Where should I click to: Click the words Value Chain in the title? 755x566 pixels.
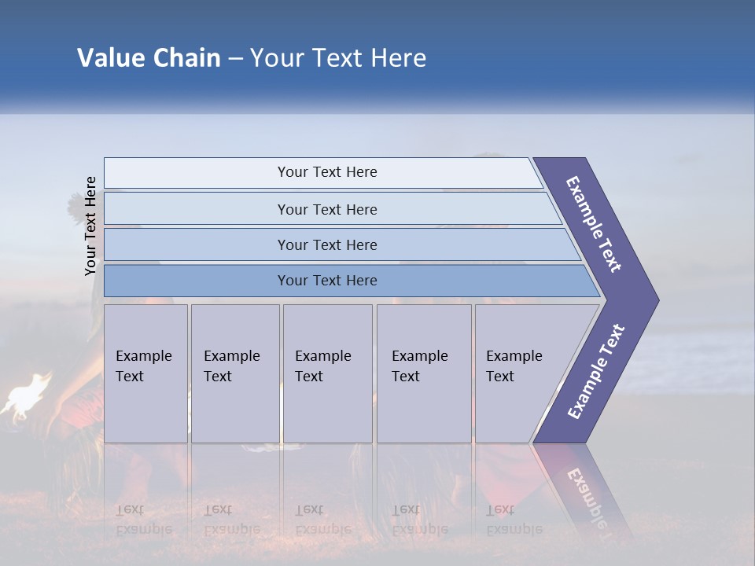(x=149, y=58)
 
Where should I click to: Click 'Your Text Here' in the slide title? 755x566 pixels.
(x=338, y=58)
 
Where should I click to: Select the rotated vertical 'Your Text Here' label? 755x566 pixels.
(x=90, y=226)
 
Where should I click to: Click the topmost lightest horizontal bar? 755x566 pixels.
(x=326, y=172)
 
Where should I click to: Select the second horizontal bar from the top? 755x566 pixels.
(x=326, y=209)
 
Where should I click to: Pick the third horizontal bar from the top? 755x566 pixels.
(x=326, y=244)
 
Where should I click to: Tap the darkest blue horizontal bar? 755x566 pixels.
(x=326, y=281)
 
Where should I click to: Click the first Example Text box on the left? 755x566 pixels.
(x=145, y=373)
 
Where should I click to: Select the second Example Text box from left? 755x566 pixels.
(x=234, y=373)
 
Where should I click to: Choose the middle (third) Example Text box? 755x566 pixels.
(x=326, y=373)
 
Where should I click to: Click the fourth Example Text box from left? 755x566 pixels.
(x=423, y=373)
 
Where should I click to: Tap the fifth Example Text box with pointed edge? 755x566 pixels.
(x=519, y=373)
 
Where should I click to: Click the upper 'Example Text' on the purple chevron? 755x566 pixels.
(x=594, y=224)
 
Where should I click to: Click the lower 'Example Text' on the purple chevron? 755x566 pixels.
(x=595, y=371)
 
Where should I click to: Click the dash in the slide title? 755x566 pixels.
(x=235, y=59)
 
